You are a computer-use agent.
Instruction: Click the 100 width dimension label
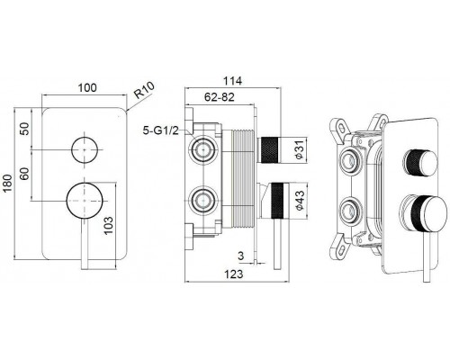[x=87, y=87]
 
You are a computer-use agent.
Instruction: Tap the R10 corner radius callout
[x=144, y=90]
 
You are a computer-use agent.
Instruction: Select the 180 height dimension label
[x=8, y=183]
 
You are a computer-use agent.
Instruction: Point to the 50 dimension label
[x=25, y=129]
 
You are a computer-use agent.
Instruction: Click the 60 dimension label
[x=25, y=174]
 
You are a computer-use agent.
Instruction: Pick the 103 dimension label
[x=109, y=225]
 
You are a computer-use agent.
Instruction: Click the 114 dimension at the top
[x=232, y=81]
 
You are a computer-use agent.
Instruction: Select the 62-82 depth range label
[x=220, y=97]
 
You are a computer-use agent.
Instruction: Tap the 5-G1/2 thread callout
[x=161, y=130]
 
